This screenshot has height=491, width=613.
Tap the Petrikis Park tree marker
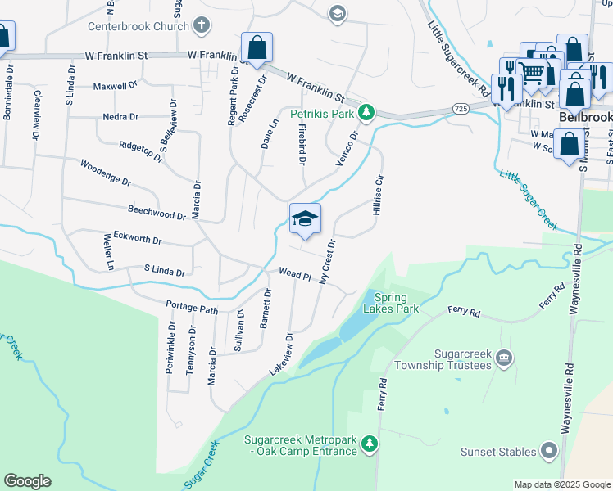[368, 112]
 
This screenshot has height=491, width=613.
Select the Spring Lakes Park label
[396, 303]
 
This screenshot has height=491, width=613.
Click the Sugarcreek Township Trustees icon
[504, 357]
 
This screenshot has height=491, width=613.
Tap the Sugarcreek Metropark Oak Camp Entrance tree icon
[370, 443]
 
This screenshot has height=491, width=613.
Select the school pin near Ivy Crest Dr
[305, 218]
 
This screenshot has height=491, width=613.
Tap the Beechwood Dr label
[157, 214]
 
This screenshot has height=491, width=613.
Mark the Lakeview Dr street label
[280, 354]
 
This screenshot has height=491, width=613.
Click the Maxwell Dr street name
[115, 85]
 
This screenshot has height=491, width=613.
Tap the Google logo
[27, 481]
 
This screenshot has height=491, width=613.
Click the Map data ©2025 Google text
[561, 484]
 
